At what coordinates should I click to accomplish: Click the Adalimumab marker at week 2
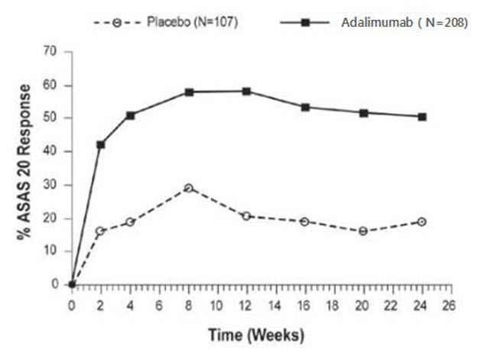100,144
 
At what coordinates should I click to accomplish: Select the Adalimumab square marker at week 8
188,92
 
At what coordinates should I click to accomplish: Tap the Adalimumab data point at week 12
246,91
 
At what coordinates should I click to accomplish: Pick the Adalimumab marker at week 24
422,117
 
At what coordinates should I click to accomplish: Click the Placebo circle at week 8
188,188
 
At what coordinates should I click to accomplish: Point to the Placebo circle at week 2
100,231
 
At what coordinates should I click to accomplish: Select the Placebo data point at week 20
363,231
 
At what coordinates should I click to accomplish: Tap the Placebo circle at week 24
422,222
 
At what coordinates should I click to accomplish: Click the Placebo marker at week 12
246,216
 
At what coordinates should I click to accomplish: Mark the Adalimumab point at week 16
305,107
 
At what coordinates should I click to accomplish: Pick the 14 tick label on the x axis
275,303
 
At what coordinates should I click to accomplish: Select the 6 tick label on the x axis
159,303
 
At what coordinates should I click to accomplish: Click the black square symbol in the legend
305,23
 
